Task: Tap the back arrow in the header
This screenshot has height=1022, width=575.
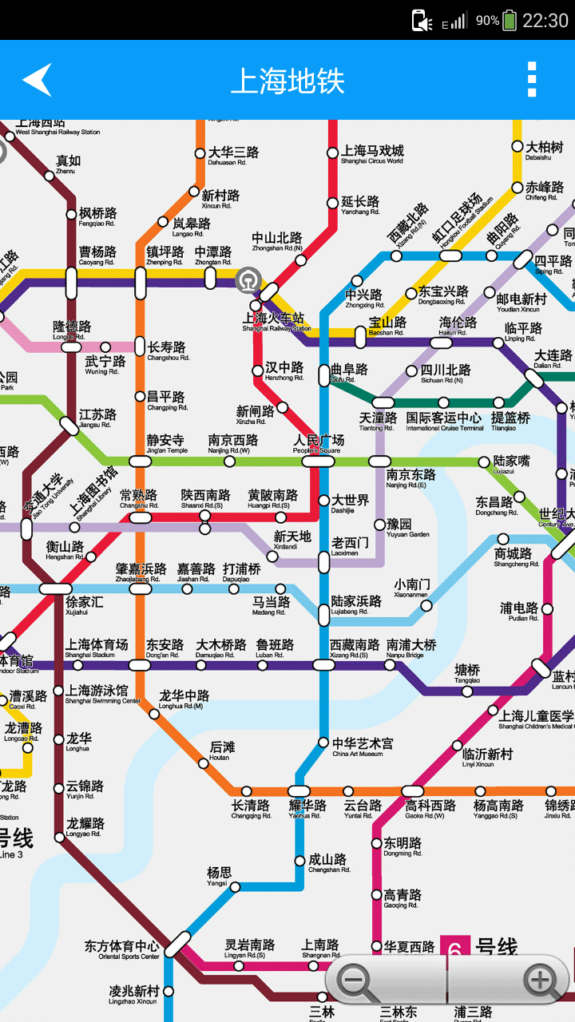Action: point(38,80)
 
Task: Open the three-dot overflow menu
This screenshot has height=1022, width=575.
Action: point(532,80)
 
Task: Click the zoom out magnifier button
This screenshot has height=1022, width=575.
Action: point(357,981)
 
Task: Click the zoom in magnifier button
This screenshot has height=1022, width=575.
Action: point(541,981)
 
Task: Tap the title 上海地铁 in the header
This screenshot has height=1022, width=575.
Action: point(287,81)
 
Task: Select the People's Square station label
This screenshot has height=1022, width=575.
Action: point(318,444)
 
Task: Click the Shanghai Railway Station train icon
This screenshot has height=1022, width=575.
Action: point(248,279)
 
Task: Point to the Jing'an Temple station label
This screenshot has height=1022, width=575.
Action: point(166,444)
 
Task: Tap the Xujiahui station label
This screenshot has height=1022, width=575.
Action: point(83,605)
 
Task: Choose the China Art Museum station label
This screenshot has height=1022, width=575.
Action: point(363,747)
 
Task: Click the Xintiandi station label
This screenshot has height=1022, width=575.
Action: point(292,540)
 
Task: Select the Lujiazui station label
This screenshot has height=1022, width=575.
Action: point(511,465)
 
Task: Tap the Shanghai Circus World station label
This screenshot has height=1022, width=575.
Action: point(372,154)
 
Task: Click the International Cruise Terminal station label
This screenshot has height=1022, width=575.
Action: point(444,421)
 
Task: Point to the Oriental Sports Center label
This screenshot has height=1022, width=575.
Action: point(122,950)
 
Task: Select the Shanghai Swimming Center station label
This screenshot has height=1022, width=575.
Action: point(97,694)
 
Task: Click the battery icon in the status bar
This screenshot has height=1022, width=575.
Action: point(510,20)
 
